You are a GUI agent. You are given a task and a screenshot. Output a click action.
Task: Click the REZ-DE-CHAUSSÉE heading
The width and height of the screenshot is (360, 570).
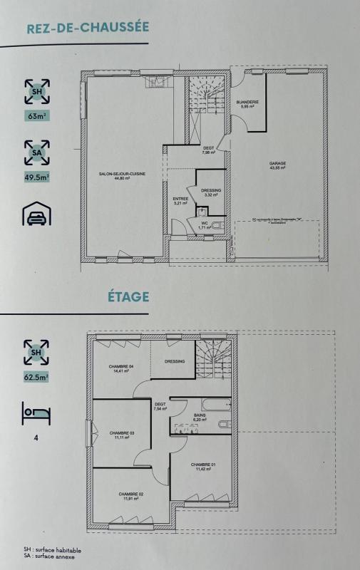click(87, 27)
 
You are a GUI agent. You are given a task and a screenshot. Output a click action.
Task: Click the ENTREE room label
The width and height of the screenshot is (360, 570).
click(180, 200)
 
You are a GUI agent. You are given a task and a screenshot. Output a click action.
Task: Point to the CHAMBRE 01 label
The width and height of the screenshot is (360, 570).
click(203, 465)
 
